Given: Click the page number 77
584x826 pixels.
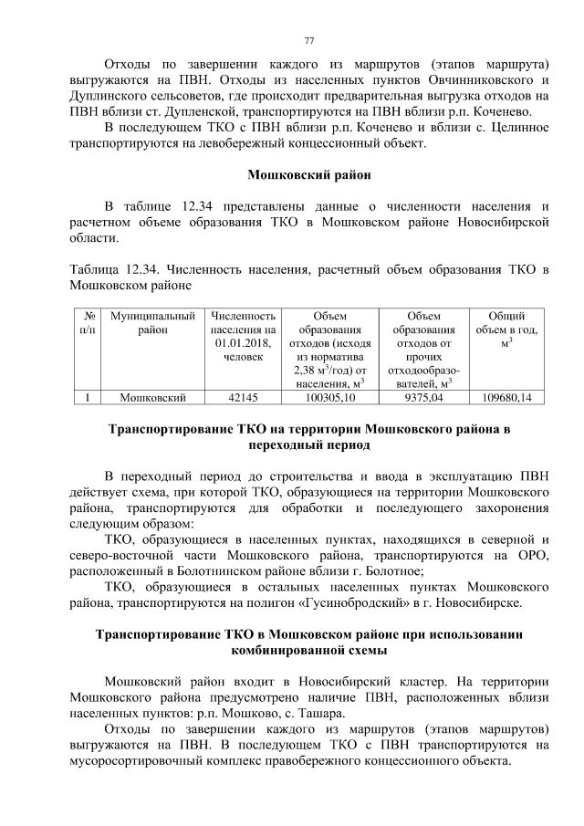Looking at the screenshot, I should [x=308, y=40].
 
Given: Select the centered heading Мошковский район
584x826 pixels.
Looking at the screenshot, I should [x=308, y=173].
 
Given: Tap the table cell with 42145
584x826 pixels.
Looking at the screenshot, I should [x=242, y=397].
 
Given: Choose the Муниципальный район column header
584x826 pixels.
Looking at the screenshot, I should [x=152, y=320].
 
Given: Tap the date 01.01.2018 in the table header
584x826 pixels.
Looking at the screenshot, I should [x=243, y=342].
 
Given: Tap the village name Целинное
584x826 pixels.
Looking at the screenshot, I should [x=506, y=128].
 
